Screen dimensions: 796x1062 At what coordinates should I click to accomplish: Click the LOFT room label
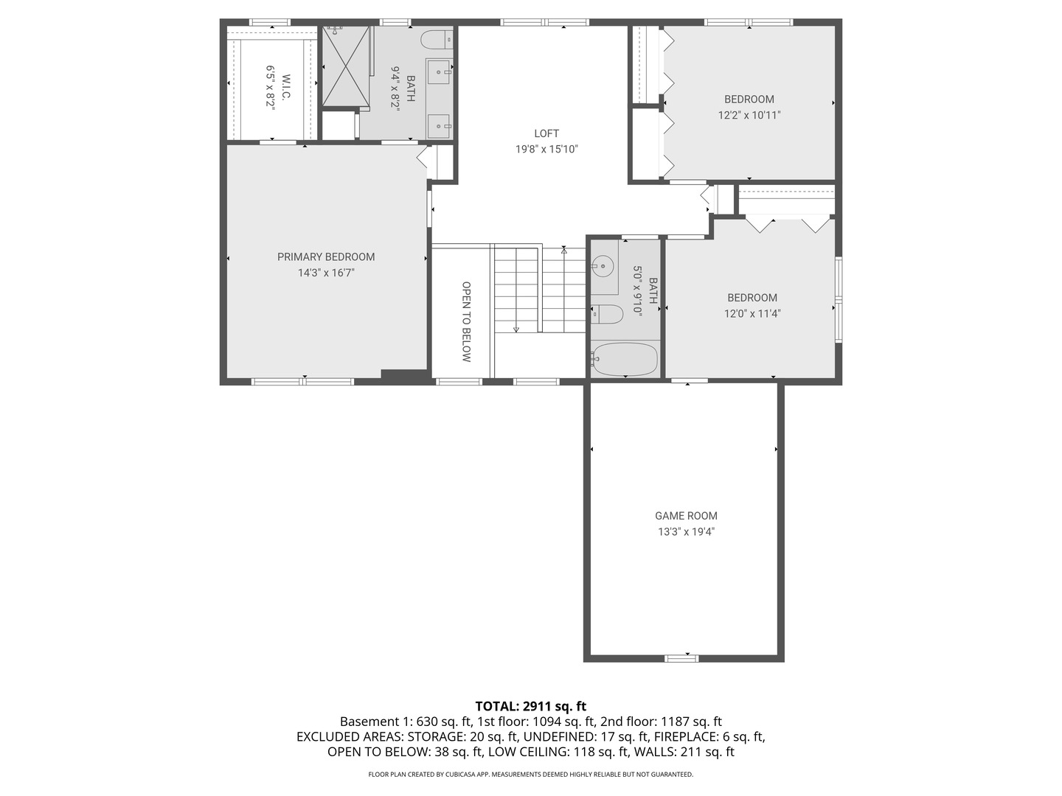546,133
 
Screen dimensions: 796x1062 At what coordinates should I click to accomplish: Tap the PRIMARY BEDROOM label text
326,256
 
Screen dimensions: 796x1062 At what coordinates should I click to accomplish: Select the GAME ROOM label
686,516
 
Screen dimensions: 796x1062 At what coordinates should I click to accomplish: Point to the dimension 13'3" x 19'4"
686,531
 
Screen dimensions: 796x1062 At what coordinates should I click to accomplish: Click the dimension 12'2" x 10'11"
749,115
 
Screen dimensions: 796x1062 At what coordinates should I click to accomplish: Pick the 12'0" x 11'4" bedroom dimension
752,313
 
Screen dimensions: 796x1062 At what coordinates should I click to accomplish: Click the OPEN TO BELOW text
466,321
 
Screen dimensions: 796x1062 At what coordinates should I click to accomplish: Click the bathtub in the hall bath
625,360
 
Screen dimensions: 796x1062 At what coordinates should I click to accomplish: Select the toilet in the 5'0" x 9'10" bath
608,314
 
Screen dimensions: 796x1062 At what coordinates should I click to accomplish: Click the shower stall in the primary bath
346,66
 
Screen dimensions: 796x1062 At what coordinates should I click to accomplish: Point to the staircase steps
539,289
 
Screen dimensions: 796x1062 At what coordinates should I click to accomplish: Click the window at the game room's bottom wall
681,657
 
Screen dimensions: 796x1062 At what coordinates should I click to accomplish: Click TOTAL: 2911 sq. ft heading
530,707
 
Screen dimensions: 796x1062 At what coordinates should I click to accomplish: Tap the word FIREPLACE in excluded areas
686,737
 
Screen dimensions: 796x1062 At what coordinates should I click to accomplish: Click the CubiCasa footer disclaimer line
530,775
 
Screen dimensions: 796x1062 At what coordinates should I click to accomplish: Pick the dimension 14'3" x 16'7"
326,273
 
